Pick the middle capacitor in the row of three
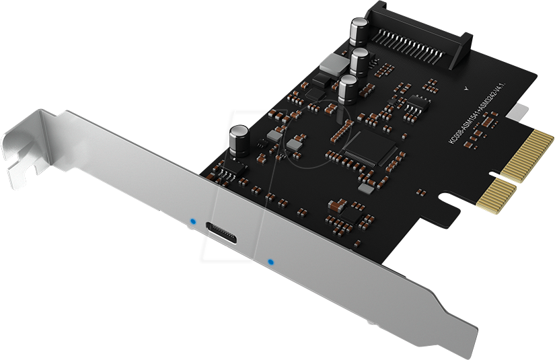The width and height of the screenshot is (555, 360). point(359,62)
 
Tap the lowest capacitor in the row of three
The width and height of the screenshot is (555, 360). point(348,89)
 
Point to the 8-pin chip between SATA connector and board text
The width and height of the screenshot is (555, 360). point(417,102)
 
